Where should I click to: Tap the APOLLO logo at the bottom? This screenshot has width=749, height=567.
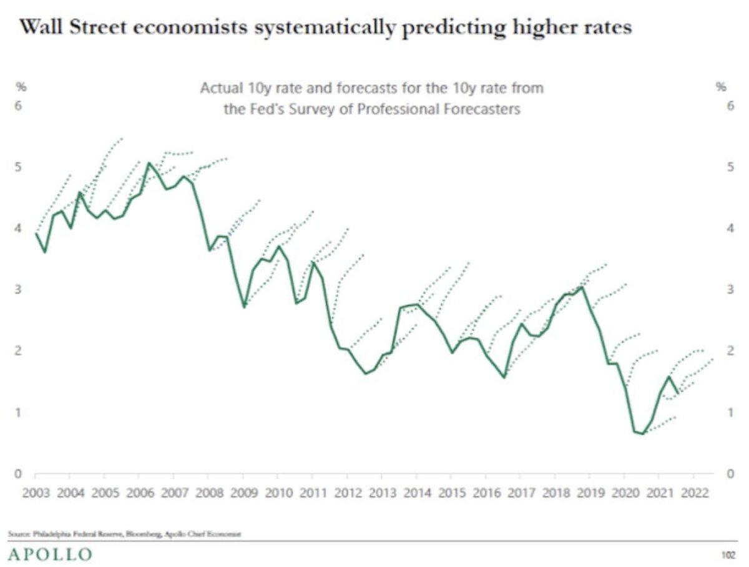(50, 554)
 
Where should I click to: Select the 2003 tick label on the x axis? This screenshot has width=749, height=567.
(36, 493)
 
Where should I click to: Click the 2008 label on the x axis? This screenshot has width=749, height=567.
(210, 493)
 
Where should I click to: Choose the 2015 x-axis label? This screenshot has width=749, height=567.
(451, 493)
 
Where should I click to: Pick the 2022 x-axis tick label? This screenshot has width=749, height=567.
(694, 493)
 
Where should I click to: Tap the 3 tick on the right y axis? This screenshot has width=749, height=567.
(730, 290)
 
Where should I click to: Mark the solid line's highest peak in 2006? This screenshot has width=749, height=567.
(149, 163)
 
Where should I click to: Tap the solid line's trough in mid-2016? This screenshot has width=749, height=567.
(504, 377)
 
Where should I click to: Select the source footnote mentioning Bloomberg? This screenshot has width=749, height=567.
(125, 534)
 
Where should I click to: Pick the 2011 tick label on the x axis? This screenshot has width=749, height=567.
(313, 493)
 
